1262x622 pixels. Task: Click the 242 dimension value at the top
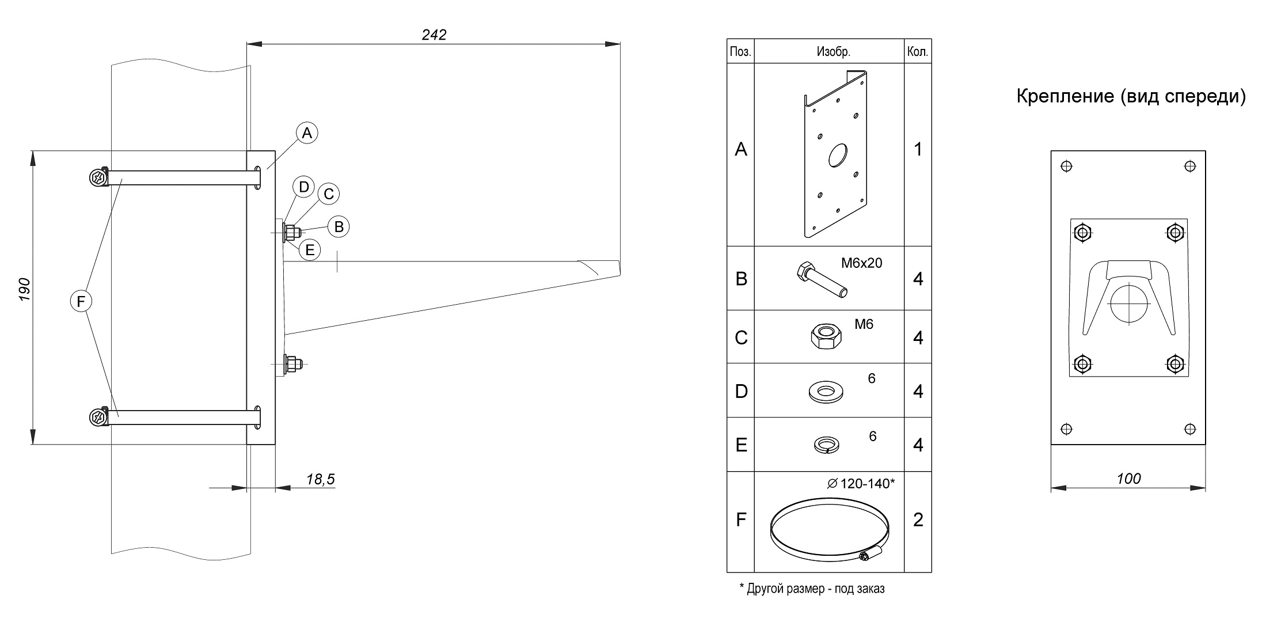tap(434, 35)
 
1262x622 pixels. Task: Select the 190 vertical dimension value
tap(24, 290)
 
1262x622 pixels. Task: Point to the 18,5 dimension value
tap(320, 480)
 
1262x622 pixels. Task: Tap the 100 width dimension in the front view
tap(1128, 479)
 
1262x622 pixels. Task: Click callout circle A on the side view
tap(307, 133)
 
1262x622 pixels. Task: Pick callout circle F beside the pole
tap(81, 301)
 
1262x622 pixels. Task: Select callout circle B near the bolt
tap(339, 227)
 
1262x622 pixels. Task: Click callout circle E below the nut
tap(310, 250)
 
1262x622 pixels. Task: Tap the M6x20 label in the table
tap(861, 263)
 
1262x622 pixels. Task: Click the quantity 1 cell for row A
tap(918, 150)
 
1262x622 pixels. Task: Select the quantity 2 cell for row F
tap(918, 520)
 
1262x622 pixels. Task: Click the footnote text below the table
tap(812, 589)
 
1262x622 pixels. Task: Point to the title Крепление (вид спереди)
tap(1131, 96)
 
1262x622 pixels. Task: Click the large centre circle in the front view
tap(1130, 303)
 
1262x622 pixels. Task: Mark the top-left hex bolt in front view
tap(1083, 233)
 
